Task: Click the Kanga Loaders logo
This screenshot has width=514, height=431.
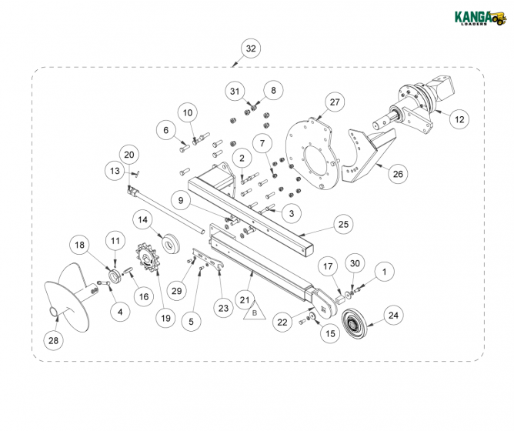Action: click(476, 17)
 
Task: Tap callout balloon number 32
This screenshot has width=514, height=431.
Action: click(250, 48)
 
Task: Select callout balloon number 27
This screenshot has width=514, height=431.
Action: click(333, 102)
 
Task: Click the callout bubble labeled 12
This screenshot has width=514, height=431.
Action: click(459, 119)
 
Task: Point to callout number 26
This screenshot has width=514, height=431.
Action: click(397, 174)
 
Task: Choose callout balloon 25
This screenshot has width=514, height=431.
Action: click(343, 224)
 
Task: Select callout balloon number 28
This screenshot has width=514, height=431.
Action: click(53, 339)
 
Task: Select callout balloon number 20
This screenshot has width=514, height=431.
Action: click(129, 155)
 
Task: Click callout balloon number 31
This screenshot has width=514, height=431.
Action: click(235, 91)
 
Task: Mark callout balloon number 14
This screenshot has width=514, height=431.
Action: click(142, 220)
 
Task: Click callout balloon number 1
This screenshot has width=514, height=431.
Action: click(385, 271)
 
